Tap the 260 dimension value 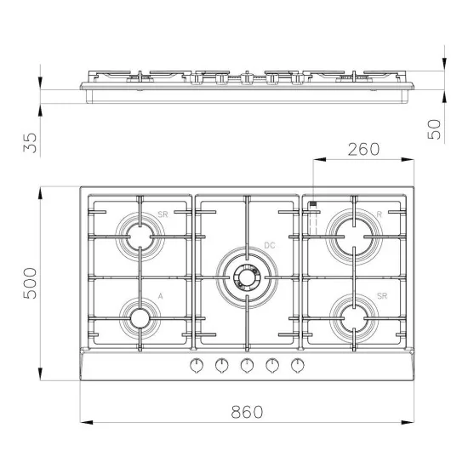click(x=363, y=150)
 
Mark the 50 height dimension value click(x=434, y=128)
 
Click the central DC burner click(x=247, y=276)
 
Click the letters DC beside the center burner click(x=269, y=246)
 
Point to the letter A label click(x=160, y=296)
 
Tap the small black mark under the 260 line click(x=314, y=204)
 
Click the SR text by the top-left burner click(x=162, y=216)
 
